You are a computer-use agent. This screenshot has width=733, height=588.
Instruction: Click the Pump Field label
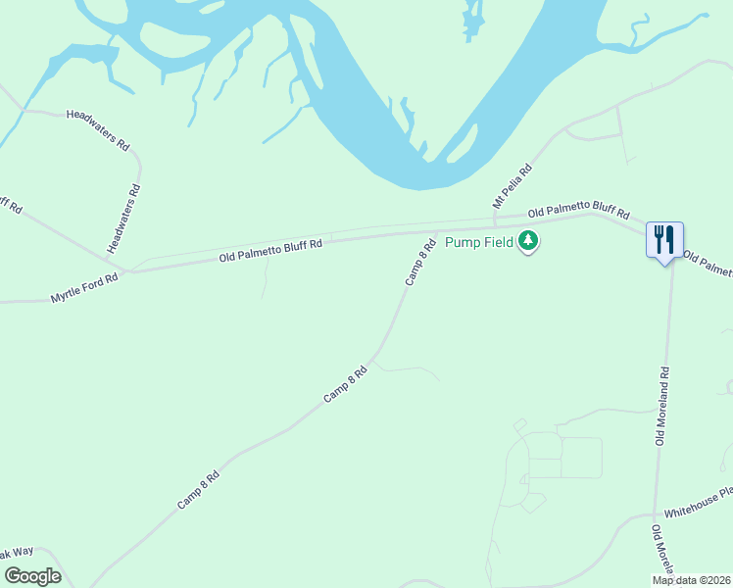(x=479, y=242)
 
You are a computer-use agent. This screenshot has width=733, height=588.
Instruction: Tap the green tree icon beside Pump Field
(x=528, y=240)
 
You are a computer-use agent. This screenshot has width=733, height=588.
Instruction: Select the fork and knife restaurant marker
(x=664, y=239)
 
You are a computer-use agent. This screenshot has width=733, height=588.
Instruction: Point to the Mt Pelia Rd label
(x=512, y=185)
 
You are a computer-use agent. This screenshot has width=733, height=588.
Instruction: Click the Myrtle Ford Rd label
(x=84, y=288)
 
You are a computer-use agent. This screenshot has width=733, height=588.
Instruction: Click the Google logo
(x=32, y=576)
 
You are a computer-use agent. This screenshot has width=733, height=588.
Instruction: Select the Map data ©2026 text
(x=692, y=580)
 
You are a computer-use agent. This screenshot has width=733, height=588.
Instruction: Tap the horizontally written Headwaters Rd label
(x=98, y=128)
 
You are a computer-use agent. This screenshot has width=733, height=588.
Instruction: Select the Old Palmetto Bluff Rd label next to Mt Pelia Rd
(x=578, y=212)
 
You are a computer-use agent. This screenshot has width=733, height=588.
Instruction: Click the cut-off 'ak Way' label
(x=17, y=554)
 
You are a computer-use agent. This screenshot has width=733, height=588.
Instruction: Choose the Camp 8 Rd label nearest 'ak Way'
(x=198, y=488)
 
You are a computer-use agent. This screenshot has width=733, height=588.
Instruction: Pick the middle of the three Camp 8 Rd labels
(x=346, y=385)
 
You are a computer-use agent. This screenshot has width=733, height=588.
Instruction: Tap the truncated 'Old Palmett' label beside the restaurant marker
(x=708, y=264)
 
